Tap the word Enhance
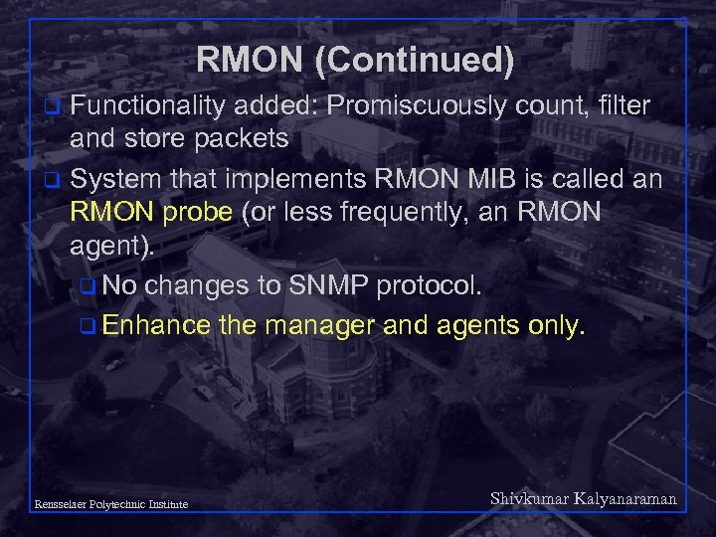tap(156, 325)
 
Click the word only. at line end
tap(550, 325)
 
